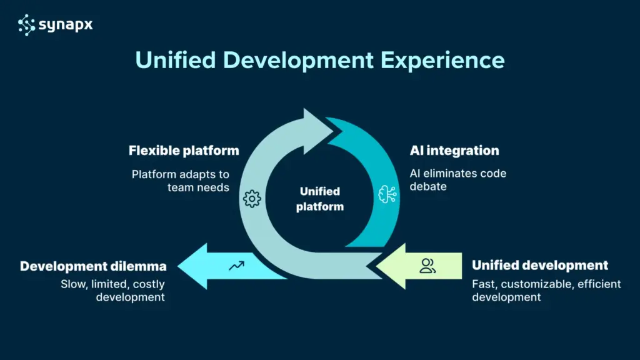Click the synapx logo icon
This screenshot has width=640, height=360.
click(x=26, y=24)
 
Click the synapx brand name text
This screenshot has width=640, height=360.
click(x=65, y=24)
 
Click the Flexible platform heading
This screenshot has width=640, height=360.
click(x=184, y=151)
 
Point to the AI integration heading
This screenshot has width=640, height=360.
click(x=454, y=151)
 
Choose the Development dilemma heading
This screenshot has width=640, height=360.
click(x=92, y=266)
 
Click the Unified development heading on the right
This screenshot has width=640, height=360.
click(x=540, y=265)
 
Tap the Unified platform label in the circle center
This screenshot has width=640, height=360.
click(x=320, y=199)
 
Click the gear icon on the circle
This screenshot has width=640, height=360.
click(x=251, y=199)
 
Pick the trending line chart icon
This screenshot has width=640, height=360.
click(x=236, y=266)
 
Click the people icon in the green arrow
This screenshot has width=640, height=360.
click(x=428, y=266)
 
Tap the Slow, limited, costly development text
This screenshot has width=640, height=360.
click(x=112, y=291)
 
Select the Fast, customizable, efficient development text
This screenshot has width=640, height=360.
click(x=546, y=291)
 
